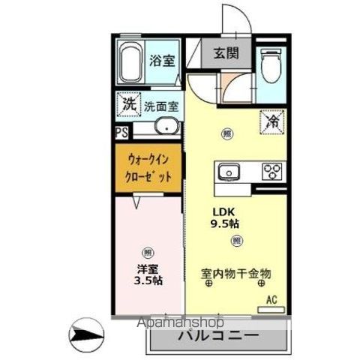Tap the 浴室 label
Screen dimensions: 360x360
(163, 60)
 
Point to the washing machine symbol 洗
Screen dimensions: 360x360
(129, 105)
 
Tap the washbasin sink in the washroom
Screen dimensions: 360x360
(166, 127)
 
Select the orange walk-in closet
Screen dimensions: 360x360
(149, 169)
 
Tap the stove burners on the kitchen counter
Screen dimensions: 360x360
(270, 172)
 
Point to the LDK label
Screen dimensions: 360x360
(225, 211)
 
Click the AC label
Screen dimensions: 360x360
(271, 300)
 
